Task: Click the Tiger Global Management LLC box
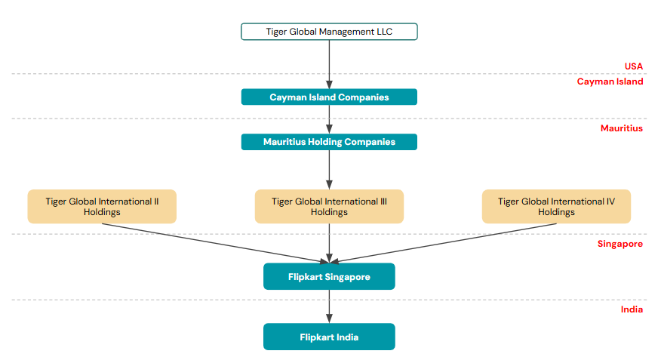328,32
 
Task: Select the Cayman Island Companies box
329,97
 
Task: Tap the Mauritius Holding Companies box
329,142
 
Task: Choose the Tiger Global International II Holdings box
102,207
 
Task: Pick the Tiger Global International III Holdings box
329,207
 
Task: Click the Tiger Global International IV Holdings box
556,207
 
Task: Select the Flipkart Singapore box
329,277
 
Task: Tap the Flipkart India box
329,337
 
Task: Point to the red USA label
633,66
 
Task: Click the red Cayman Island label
610,82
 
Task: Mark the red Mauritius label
621,128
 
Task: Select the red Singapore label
619,244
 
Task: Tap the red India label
631,309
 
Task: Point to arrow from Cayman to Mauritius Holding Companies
329,119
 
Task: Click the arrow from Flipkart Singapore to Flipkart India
329,306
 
